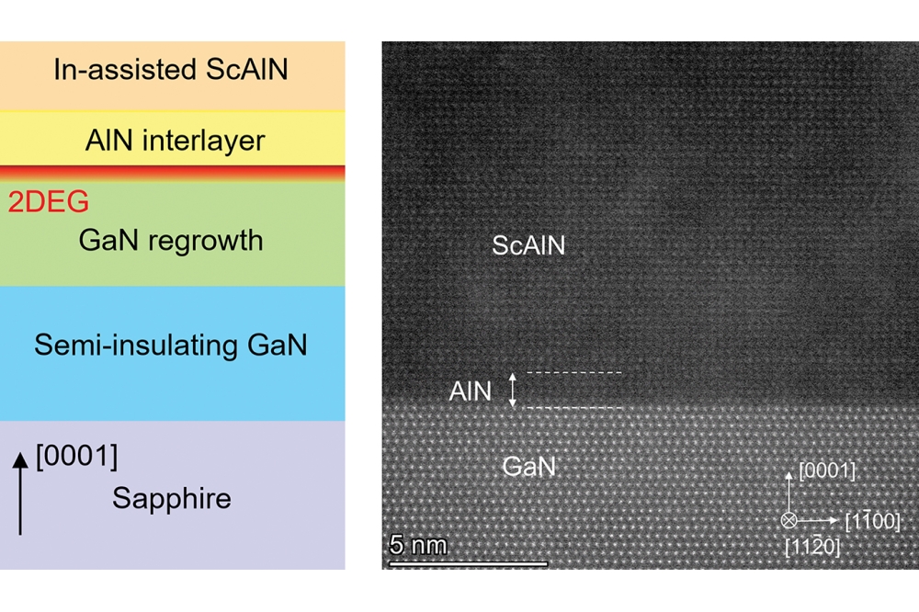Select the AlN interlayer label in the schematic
tap(175, 141)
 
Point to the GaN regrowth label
tap(171, 240)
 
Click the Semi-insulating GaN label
tap(171, 346)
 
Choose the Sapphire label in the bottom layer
tap(172, 498)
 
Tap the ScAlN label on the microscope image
tap(528, 245)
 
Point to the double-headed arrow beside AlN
tap(514, 390)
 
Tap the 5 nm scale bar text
tap(419, 545)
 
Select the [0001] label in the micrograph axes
tap(827, 471)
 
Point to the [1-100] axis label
tap(871, 522)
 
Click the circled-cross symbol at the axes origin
tap(789, 520)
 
